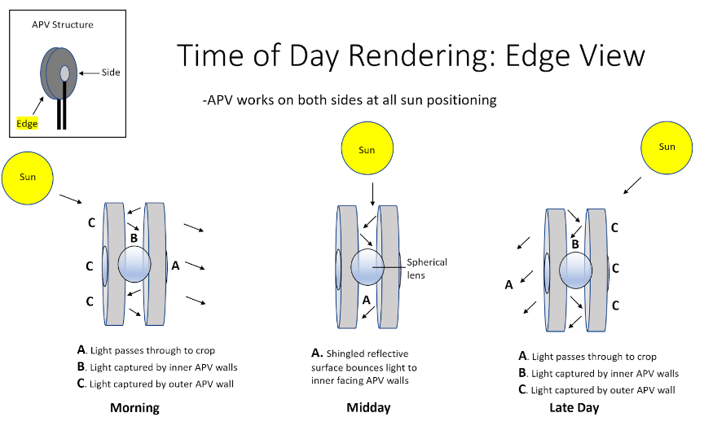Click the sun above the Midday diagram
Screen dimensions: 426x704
pos(367,150)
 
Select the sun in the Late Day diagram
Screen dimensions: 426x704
pos(667,147)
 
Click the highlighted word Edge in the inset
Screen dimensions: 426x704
pos(27,123)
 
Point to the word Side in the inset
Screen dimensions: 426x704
pos(111,72)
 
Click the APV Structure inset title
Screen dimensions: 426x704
pos(62,24)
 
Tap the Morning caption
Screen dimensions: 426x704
pos(134,408)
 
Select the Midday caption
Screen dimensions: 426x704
pos(368,408)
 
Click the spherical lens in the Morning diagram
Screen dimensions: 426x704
pos(134,265)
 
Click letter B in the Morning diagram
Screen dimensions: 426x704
pos(134,238)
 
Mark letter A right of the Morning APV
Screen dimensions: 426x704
pos(175,264)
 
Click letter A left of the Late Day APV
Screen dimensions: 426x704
pos(508,284)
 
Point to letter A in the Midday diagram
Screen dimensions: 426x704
pos(367,299)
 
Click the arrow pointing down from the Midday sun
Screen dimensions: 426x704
pos(372,194)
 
